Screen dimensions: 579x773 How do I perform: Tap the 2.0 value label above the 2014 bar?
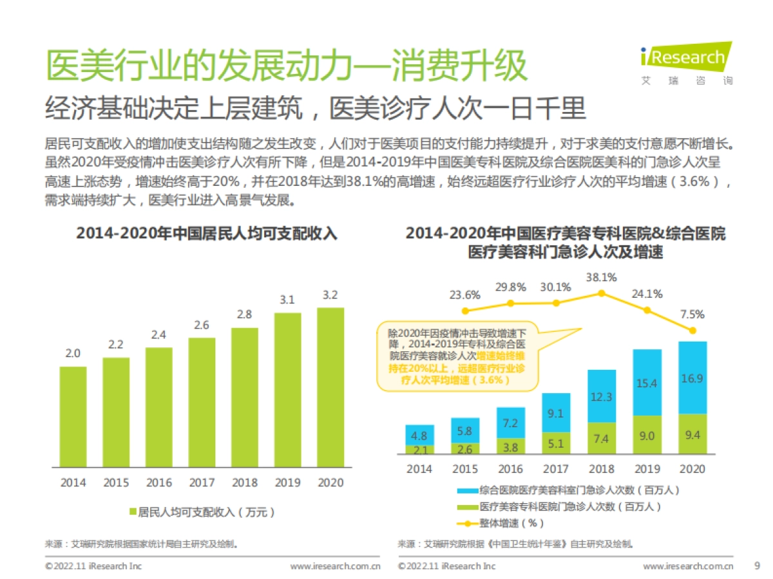coord(73,353)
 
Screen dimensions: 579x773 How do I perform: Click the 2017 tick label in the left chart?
coord(202,482)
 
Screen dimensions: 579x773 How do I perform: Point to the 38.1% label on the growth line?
coord(602,278)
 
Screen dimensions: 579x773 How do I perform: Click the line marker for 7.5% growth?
coord(692,331)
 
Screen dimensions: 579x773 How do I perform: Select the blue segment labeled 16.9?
coord(692,379)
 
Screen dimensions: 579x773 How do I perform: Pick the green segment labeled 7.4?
coord(602,439)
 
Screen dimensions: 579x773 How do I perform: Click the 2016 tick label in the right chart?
coord(510,469)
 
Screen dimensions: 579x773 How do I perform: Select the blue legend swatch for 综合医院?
coord(468,491)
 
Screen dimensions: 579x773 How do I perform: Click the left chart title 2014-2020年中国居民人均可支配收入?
coord(206,233)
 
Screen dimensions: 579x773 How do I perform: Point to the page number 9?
coord(757,565)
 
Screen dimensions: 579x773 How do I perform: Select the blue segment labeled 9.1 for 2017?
coord(555,412)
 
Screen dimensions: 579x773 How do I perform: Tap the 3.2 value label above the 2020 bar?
coord(330,295)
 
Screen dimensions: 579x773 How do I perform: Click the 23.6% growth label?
coord(465,295)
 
